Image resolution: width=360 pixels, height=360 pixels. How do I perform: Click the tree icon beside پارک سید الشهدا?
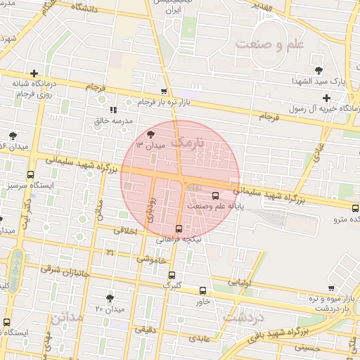pyautogui.click(x=319, y=70)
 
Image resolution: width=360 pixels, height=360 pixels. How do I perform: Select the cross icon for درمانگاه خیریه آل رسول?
pyautogui.click(x=326, y=98)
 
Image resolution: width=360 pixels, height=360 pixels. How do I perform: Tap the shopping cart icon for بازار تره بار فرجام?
pyautogui.click(x=164, y=91)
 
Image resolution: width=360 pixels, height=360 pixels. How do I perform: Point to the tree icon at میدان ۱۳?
pyautogui.click(x=151, y=133)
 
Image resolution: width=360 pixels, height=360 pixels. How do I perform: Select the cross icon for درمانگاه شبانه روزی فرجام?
pyautogui.click(x=33, y=73)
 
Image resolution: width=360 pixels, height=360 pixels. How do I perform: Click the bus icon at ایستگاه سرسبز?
pyautogui.click(x=30, y=174)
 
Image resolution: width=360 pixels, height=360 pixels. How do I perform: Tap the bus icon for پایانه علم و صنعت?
pyautogui.click(x=215, y=195)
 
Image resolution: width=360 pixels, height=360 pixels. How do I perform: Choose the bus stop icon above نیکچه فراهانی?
pyautogui.click(x=179, y=228)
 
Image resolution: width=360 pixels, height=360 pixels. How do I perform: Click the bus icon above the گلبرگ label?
pyautogui.click(x=172, y=276)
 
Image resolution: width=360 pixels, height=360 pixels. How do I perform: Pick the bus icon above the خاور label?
pyautogui.click(x=203, y=290)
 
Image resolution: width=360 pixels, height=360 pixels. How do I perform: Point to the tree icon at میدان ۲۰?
pyautogui.click(x=109, y=298)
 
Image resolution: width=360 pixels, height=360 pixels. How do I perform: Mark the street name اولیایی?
pyautogui.click(x=240, y=282)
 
